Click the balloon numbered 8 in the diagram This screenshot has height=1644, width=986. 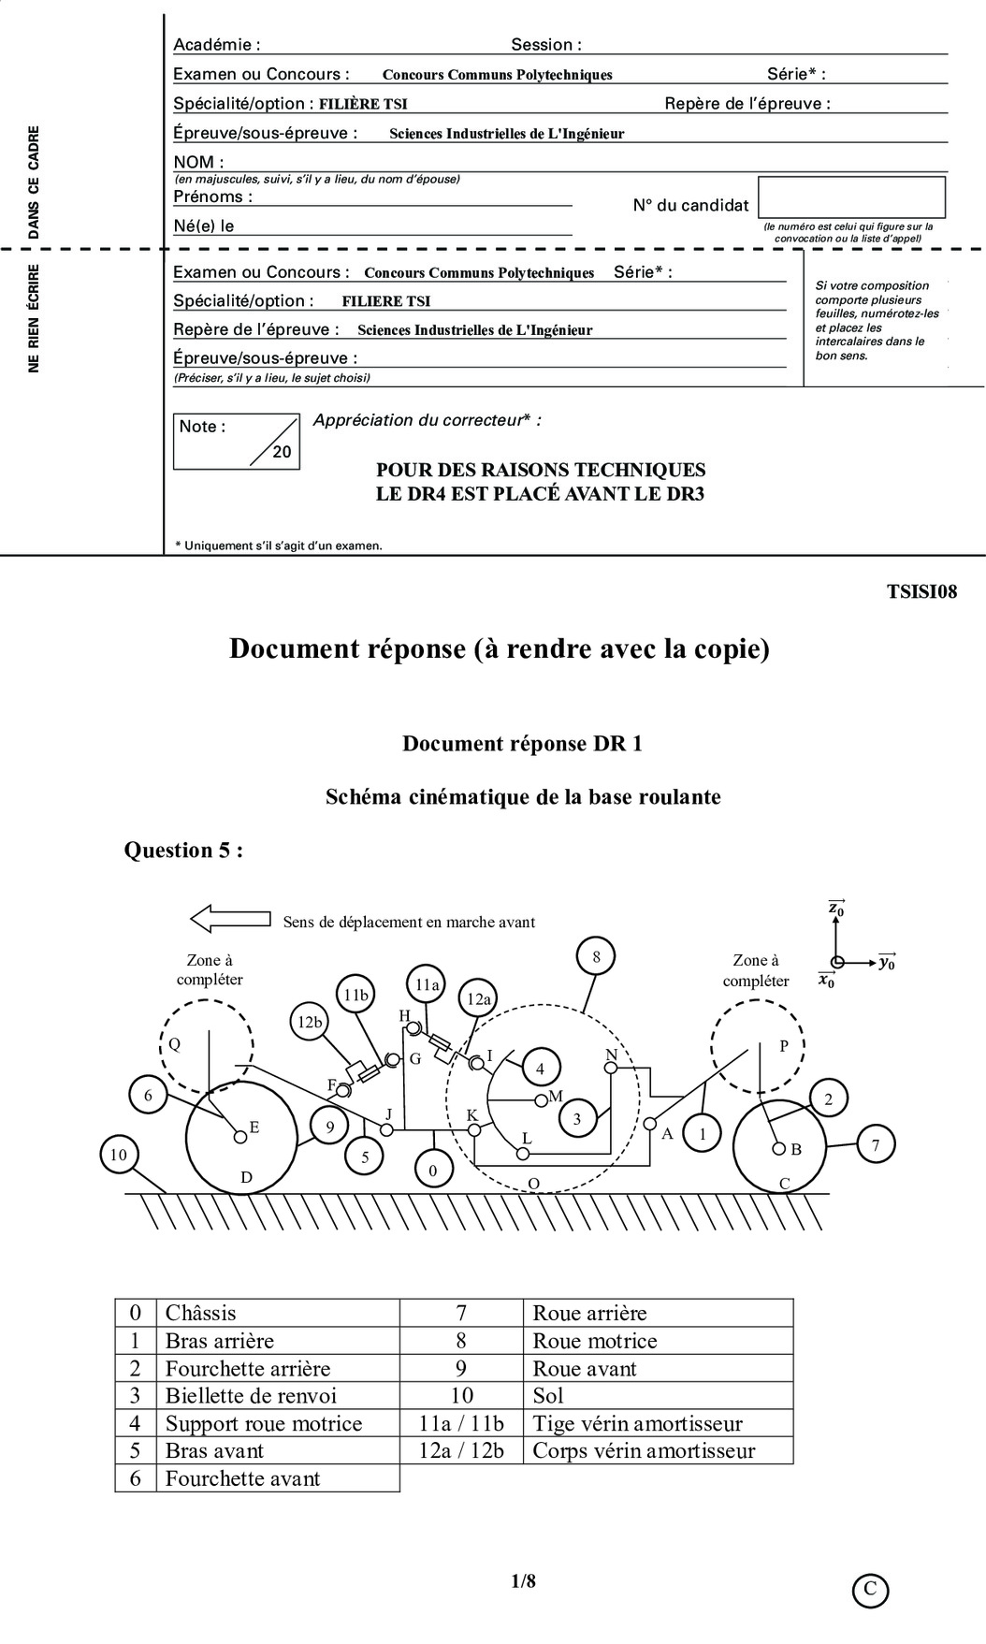point(596,956)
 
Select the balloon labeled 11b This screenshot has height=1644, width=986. point(356,996)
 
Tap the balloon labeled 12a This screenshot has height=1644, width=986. point(478,999)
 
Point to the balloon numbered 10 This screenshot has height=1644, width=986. point(118,1155)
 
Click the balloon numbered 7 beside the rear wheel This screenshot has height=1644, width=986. point(875,1143)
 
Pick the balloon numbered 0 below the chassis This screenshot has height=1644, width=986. point(433,1170)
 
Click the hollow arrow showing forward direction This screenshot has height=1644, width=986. point(229,919)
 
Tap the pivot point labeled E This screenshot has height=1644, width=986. point(239,1136)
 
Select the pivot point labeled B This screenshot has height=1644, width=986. point(778,1148)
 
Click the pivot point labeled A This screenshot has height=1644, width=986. point(649,1123)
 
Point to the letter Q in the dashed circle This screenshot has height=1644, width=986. point(174,1044)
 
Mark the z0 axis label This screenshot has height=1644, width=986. point(836,907)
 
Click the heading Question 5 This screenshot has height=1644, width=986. point(184,850)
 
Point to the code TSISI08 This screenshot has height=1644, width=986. point(921,591)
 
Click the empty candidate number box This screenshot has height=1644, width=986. point(851,197)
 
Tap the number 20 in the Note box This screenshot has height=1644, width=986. point(282,452)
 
